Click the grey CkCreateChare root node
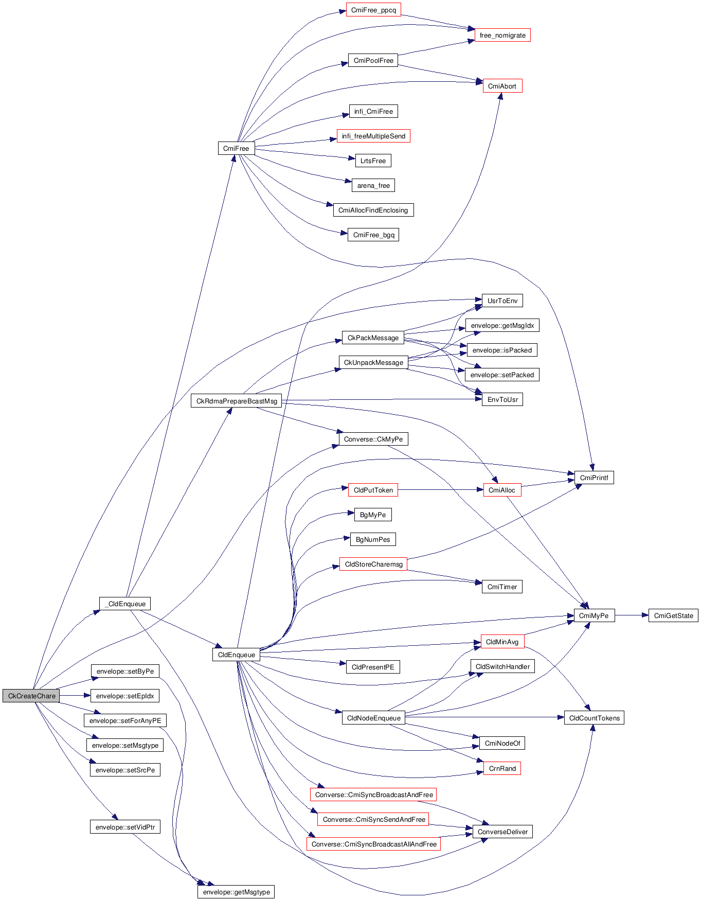31,696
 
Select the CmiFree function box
236,148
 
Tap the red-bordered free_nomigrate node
502,35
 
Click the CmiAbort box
502,86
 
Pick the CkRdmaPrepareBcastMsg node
237,401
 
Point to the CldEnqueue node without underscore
236,655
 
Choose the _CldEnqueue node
125,604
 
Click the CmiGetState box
673,615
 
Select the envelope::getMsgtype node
236,892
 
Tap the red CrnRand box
502,768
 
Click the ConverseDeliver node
502,832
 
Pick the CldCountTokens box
594,718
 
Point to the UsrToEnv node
502,301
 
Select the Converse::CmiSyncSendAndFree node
374,819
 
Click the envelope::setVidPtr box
125,827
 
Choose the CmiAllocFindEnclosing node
373,210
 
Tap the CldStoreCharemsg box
373,564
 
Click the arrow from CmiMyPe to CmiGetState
632,615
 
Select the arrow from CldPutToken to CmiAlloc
440,490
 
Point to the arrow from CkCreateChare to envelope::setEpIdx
75,696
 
